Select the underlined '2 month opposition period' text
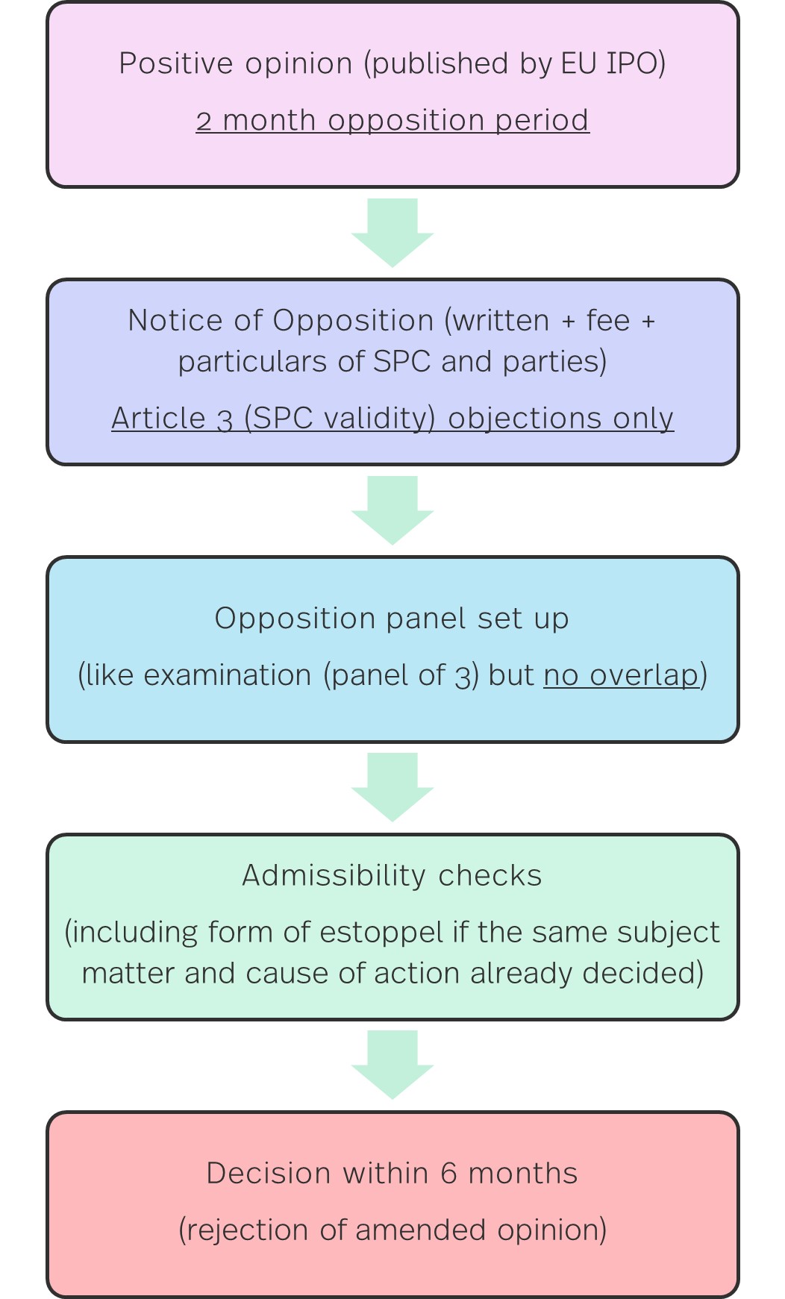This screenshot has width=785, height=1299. pyautogui.click(x=392, y=120)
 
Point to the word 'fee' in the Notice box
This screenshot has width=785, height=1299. pyautogui.click(x=608, y=320)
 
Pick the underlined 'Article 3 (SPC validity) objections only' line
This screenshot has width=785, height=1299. pyautogui.click(x=392, y=418)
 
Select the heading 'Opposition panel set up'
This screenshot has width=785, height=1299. pyautogui.click(x=392, y=619)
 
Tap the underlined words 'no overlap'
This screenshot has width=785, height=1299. pyautogui.click(x=621, y=675)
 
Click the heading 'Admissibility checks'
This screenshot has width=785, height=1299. pyautogui.click(x=392, y=875)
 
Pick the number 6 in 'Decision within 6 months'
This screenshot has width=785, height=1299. pyautogui.click(x=448, y=1174)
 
